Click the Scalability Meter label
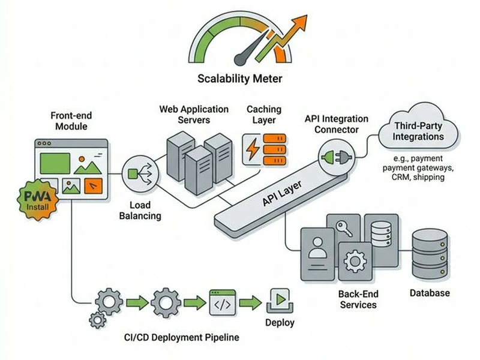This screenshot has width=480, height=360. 239,79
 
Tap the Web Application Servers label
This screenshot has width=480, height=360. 194,115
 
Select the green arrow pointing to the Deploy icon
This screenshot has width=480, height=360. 253,302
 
